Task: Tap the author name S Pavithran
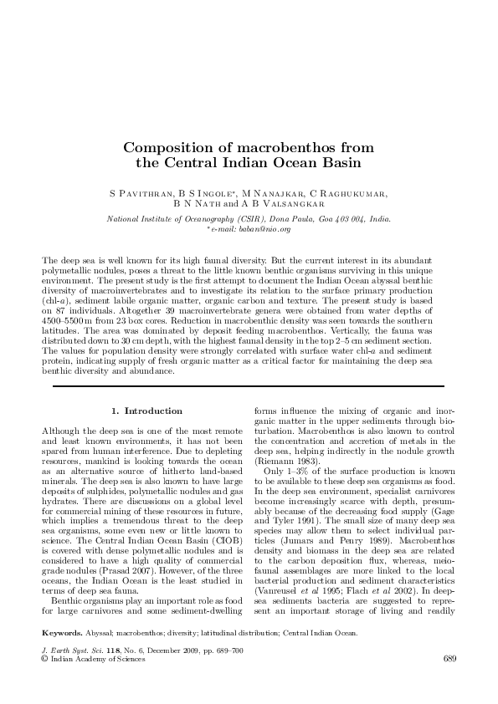144,193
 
